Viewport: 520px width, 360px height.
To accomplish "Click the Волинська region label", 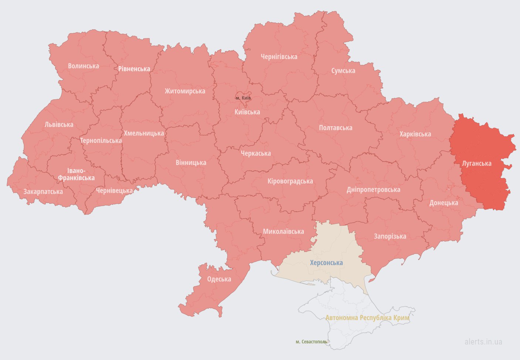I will [x=84, y=66].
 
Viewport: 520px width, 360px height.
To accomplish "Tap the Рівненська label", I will [x=134, y=69].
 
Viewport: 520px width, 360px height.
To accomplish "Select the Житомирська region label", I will [x=185, y=91].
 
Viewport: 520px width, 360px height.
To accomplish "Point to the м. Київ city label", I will [x=243, y=98].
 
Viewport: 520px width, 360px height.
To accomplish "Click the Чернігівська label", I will [x=279, y=57].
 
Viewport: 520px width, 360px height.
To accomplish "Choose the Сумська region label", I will [x=343, y=71].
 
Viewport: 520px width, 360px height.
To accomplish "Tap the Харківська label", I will [x=415, y=134].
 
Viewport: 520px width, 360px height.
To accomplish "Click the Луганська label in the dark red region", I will [x=477, y=164].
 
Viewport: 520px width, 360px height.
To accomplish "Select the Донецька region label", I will [x=443, y=203].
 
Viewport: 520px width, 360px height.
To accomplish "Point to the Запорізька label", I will [x=390, y=236].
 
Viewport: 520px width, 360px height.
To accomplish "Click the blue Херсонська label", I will [x=326, y=263].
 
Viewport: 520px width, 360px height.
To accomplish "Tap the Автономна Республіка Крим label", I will [x=367, y=318].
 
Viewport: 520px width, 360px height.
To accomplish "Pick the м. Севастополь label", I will [x=311, y=342].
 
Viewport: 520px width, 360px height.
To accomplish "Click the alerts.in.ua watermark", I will [x=483, y=342].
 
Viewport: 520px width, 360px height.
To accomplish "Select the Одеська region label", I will [x=219, y=279].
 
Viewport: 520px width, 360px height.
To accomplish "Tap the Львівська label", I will [x=59, y=125].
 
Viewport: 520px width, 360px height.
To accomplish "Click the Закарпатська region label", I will [x=43, y=192].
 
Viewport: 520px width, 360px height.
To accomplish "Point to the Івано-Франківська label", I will [x=76, y=174].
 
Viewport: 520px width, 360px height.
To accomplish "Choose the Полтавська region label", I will [x=336, y=128].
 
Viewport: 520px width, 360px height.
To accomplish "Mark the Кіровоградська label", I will [x=290, y=181].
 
